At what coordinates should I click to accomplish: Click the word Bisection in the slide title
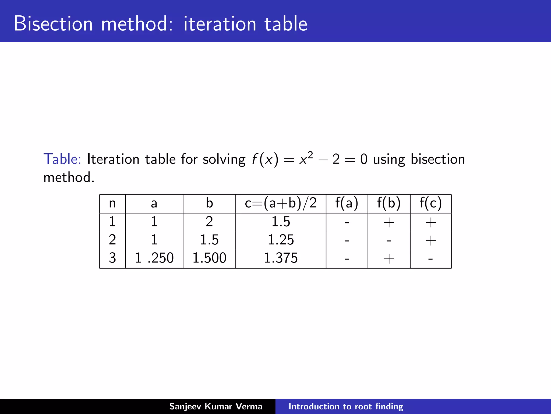[53, 24]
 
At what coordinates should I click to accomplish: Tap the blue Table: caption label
[62, 159]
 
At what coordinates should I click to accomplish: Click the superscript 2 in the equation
[310, 155]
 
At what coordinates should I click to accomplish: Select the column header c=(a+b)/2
[281, 203]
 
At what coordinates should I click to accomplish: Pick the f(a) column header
[347, 203]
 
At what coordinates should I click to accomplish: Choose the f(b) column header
[389, 203]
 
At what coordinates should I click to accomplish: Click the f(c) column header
[430, 203]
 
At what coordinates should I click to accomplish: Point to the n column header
[112, 203]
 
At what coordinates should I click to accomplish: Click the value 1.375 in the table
[281, 258]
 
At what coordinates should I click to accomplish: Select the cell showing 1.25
[281, 240]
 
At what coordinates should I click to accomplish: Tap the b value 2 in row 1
[209, 222]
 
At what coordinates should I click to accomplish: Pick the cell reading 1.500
[209, 258]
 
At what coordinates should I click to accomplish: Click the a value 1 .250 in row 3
[154, 258]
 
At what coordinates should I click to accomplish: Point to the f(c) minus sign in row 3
[430, 259]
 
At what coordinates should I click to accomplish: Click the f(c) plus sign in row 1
[431, 223]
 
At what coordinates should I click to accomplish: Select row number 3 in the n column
[112, 258]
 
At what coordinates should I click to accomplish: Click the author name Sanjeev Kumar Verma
[216, 406]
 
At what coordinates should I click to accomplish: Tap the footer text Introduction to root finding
[346, 406]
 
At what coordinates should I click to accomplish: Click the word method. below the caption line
[69, 178]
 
